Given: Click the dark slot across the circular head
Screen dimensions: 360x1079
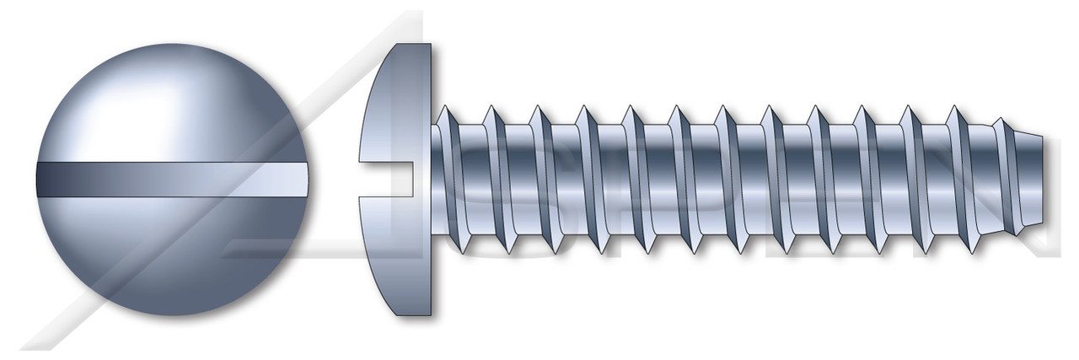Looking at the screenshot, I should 169,180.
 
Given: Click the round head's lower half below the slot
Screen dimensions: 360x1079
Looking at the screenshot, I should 169,253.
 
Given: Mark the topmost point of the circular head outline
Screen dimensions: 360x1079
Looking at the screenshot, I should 172,43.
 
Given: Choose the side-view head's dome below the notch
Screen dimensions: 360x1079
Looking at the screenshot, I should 396,253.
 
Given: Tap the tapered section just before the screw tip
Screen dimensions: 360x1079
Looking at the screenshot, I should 1016,180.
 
